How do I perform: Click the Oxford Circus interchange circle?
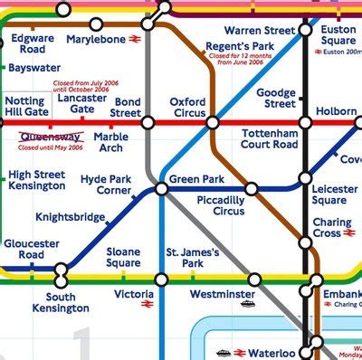tap(212, 121)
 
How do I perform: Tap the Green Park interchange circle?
tap(161, 188)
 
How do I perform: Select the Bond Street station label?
tap(127, 109)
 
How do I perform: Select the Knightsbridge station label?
tap(69, 218)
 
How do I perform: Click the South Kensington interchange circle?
tap(62, 270)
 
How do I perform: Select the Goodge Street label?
tap(276, 98)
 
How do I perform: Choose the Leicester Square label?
tap(335, 194)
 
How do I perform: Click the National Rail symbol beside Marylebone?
tap(133, 39)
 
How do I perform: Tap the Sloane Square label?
tap(123, 257)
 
